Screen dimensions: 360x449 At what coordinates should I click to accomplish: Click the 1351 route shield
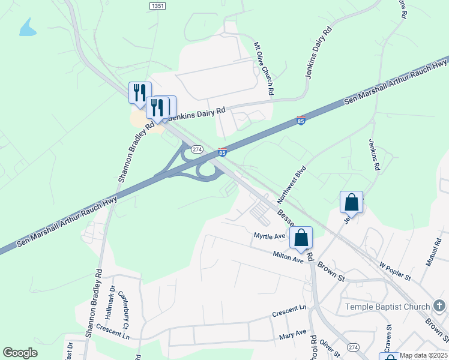157,5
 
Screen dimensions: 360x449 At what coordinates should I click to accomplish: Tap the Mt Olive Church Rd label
264,68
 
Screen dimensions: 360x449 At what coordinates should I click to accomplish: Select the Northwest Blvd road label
292,183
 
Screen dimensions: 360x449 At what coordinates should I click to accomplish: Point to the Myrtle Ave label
270,236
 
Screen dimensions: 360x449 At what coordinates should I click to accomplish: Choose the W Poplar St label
394,271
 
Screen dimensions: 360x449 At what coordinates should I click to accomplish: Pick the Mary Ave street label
293,334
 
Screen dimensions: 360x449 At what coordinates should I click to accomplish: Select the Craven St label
388,337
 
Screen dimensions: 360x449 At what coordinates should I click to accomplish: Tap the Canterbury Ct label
124,306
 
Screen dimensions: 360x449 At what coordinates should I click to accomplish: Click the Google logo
20,353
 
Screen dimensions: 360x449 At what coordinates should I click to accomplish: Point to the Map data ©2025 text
423,355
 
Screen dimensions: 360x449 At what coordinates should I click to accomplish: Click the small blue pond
28,28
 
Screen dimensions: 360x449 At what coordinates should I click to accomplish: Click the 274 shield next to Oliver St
353,348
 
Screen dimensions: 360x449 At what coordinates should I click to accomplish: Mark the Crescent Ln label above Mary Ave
289,310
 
